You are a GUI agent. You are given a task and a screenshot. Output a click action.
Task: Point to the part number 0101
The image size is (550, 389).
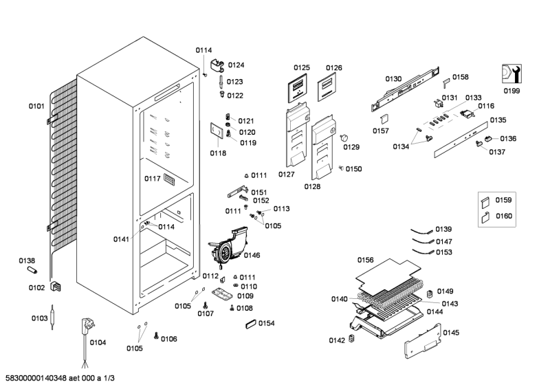click(36, 106)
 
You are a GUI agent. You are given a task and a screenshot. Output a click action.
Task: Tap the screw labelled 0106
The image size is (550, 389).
click(157, 336)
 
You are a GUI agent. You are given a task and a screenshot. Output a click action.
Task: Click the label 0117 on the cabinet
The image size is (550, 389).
click(152, 179)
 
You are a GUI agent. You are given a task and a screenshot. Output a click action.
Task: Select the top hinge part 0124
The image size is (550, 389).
click(219, 66)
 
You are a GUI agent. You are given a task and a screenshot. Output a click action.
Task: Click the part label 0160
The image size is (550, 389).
click(504, 216)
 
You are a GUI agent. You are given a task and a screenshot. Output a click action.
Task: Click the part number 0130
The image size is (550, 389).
click(393, 79)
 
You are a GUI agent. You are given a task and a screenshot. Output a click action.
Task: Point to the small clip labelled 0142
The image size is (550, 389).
click(353, 339)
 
